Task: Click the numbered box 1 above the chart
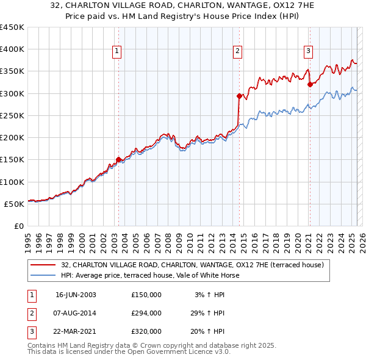[x=116, y=52]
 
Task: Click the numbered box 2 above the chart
[x=237, y=52]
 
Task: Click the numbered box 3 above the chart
[x=309, y=52]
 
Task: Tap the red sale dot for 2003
[x=118, y=160]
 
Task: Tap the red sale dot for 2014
[x=239, y=96]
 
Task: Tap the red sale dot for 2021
[x=310, y=84]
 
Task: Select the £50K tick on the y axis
[x=15, y=204]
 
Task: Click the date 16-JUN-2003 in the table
[x=76, y=295]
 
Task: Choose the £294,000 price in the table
[x=146, y=313]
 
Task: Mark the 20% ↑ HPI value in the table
[x=210, y=331]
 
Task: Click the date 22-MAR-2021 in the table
[x=76, y=331]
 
